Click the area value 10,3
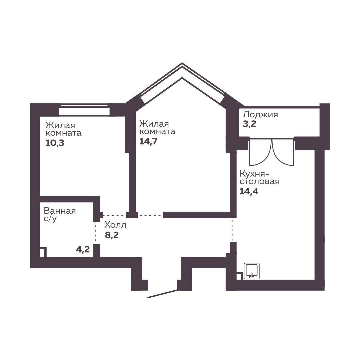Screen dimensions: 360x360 coord(55,143)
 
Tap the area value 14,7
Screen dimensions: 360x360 coord(149,141)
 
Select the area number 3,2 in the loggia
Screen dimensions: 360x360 coord(250,124)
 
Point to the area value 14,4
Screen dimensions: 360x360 coord(249,191)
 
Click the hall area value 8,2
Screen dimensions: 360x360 coord(112,235)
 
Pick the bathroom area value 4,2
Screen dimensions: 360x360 coord(83,249)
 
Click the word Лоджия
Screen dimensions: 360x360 coord(260,114)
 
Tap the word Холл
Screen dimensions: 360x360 coord(115,225)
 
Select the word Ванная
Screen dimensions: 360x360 coord(60,211)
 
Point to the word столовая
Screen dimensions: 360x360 coord(260,181)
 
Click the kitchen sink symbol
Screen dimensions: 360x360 coord(252,271)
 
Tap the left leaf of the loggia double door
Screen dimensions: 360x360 coord(260,152)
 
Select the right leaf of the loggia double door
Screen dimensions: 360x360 coord(283,152)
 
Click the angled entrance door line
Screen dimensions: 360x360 coord(162,294)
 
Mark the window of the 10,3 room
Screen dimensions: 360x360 coord(84,110)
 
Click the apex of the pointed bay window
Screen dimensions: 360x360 coord(182,63)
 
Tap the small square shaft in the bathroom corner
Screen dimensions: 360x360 coord(43,252)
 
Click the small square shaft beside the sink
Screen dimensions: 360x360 coord(239,276)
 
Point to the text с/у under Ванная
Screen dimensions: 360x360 coord(50,219)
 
